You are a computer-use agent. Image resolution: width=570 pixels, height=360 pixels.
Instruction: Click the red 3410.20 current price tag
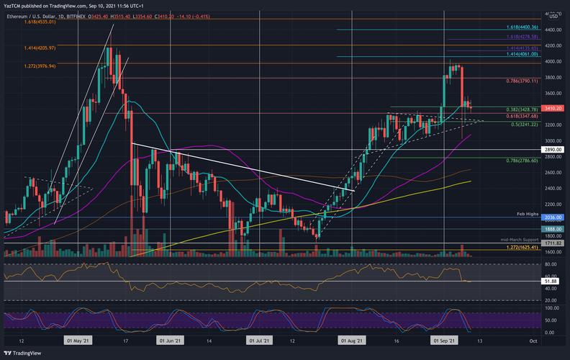553,109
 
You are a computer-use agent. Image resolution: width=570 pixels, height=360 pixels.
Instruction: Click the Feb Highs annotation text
530,214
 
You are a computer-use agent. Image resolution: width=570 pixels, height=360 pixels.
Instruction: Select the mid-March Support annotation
520,238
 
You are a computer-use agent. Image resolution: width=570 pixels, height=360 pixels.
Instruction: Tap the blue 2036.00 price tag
553,218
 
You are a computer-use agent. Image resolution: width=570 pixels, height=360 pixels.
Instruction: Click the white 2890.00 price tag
553,150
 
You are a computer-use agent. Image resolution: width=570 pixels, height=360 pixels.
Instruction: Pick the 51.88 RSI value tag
553,281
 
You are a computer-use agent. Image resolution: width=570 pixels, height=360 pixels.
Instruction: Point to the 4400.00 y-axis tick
553,30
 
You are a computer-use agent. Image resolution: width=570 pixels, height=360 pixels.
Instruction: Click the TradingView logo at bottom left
22,353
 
